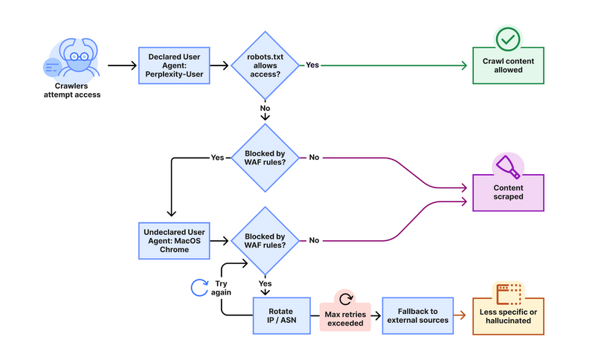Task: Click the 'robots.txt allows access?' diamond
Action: coord(266,65)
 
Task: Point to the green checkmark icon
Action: coord(508,38)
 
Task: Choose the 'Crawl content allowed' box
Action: coord(508,65)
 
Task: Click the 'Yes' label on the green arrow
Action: coord(312,65)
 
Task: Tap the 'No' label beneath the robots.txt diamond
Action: coord(265,108)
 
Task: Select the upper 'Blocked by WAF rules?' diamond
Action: coord(266,158)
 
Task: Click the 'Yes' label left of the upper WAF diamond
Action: coord(217,158)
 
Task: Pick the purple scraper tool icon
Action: coord(508,164)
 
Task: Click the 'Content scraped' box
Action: coord(508,192)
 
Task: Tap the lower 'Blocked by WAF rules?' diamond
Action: coord(266,240)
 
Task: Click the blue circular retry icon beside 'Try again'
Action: coord(199,287)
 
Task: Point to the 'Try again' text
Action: coord(221,287)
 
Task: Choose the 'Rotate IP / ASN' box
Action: coord(282,315)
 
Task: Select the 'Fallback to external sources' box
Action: coord(417,315)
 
